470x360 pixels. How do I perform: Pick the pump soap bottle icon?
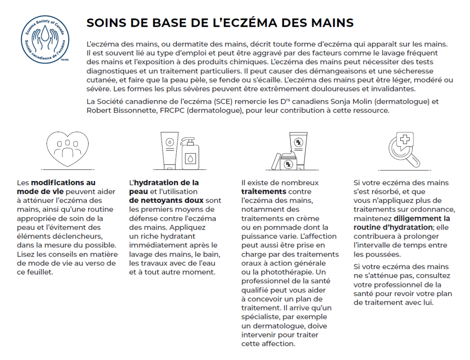click(190, 153)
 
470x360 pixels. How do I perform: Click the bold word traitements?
click(264, 191)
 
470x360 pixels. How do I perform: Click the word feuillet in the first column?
click(39, 272)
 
